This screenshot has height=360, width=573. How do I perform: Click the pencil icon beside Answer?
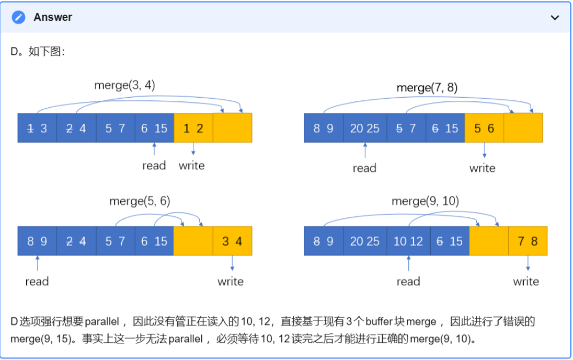(x=18, y=17)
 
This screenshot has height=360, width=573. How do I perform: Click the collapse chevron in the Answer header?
(x=555, y=17)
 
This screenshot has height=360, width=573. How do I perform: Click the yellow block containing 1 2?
(x=193, y=128)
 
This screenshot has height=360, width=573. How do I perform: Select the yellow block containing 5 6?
(x=484, y=128)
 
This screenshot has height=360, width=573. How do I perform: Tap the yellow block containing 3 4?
(x=232, y=241)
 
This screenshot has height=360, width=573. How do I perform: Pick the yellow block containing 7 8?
(x=528, y=241)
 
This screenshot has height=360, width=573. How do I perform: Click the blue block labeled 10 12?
(x=408, y=241)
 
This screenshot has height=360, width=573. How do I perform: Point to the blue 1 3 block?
(x=37, y=128)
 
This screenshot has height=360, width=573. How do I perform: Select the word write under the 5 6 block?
(x=482, y=168)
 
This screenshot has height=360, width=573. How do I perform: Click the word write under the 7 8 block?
(x=525, y=282)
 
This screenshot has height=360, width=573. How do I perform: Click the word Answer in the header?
(x=53, y=17)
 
